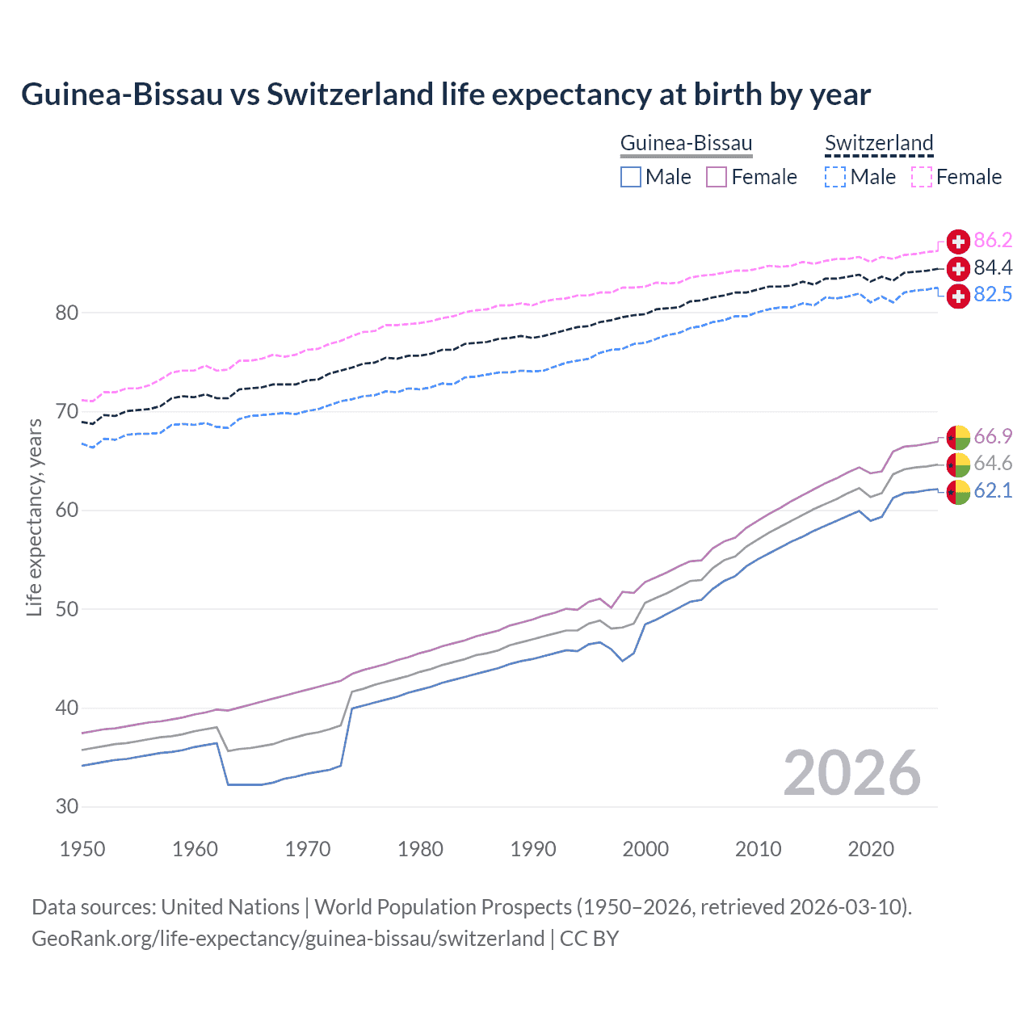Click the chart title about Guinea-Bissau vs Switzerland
(446, 95)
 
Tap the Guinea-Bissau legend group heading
(686, 143)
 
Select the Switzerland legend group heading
(879, 143)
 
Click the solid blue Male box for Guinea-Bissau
(631, 177)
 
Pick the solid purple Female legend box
(717, 177)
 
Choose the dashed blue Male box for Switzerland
(835, 177)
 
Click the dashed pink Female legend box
(922, 177)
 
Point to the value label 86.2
(993, 241)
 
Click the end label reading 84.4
(993, 267)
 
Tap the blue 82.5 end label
(993, 295)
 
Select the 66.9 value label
(993, 437)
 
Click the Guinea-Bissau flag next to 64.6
(958, 464)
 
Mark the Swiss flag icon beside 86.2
(958, 242)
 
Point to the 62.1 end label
(993, 491)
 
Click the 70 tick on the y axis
(67, 412)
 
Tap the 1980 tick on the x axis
(420, 849)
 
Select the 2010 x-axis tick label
(758, 849)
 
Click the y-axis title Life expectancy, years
(34, 517)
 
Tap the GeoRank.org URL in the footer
(288, 939)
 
